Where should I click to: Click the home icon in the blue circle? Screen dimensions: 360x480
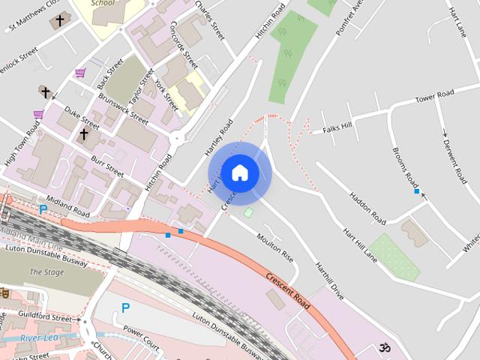point(239,172)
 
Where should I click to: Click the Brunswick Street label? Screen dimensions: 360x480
point(124,106)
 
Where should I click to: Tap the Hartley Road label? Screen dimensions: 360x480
point(219,138)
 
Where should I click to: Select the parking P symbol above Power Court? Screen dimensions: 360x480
point(125,307)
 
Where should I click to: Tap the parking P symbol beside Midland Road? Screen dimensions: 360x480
point(43,210)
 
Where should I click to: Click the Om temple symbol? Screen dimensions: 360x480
point(385,348)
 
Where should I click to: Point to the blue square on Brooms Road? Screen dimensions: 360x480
point(417,192)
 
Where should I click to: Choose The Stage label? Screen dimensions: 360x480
point(46,272)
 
